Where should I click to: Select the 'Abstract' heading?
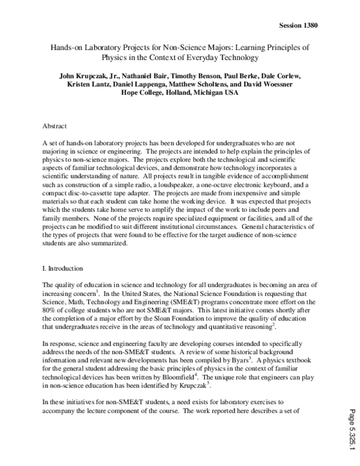point(56,127)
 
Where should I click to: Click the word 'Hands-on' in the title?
point(65,47)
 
